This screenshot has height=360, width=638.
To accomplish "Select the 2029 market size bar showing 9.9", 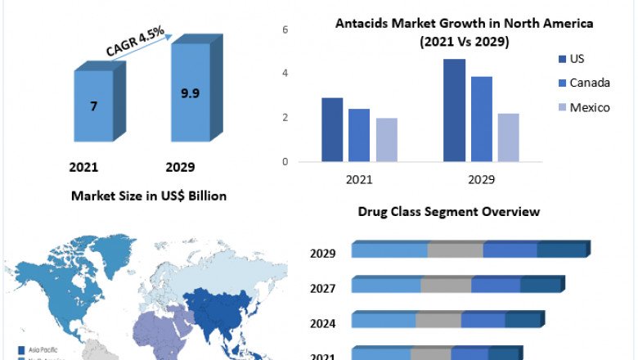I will (x=190, y=92).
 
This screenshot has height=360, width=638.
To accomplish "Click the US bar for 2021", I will (x=331, y=129).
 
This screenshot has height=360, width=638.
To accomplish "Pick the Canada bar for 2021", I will (x=358, y=135).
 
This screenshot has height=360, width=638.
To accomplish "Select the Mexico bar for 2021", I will (x=386, y=140).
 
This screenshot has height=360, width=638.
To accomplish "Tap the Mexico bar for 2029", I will (x=508, y=137).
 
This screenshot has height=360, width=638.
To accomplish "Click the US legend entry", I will (x=576, y=59).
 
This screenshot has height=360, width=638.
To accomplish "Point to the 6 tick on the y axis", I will (x=285, y=29).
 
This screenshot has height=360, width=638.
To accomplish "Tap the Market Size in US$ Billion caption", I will (x=149, y=196).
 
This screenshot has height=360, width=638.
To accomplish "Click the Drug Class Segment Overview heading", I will (x=449, y=212).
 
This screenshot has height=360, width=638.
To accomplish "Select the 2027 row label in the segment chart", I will (x=323, y=288).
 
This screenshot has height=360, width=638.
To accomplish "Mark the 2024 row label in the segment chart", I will (x=323, y=322).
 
